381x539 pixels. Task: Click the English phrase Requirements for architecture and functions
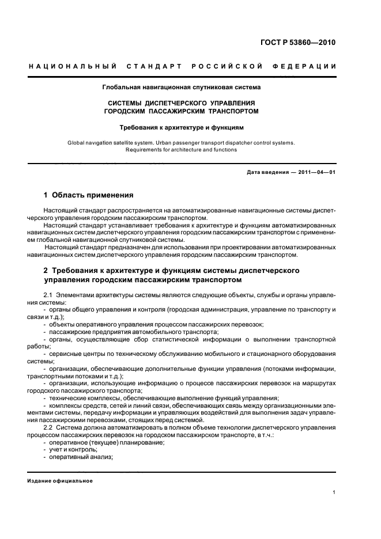pos(181,150)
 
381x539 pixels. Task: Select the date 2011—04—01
pos(316,173)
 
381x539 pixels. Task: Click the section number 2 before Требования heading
pos(47,270)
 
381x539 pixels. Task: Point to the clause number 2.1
pos(48,295)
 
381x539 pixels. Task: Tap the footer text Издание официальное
pos(60,480)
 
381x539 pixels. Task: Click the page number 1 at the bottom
pos(334,492)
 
